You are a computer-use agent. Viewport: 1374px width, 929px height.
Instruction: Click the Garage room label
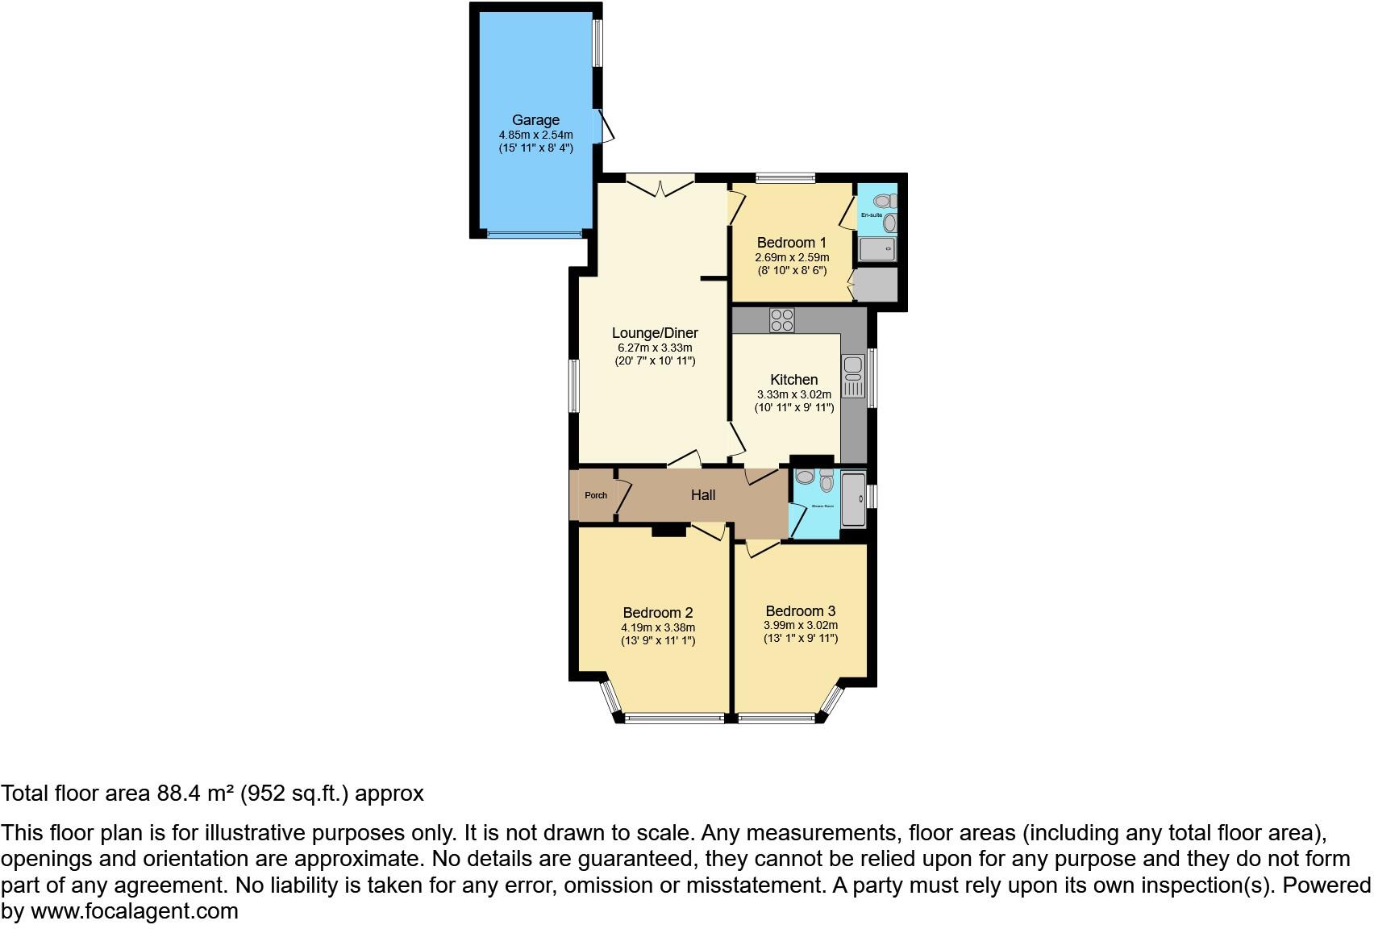coord(535,120)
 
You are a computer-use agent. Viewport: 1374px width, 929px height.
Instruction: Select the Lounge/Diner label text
coord(655,333)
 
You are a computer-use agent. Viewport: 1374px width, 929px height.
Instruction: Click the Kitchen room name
coord(793,380)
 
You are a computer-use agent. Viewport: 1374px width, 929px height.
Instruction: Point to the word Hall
coord(702,495)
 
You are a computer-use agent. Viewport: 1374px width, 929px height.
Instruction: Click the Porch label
coord(596,495)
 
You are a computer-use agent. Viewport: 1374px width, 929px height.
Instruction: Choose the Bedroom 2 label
coord(657,613)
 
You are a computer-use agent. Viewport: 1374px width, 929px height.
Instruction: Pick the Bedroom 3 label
coord(800,611)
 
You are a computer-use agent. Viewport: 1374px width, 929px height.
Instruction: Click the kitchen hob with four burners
coord(781,320)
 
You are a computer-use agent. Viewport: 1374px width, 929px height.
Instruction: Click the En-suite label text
coord(871,215)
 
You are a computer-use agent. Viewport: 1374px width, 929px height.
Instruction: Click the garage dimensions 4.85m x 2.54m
coord(535,135)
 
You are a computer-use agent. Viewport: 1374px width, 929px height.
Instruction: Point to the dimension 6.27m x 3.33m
coord(655,348)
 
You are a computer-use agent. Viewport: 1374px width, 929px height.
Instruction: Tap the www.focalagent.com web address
coord(134,911)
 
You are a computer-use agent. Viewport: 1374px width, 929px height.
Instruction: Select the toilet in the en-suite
coord(885,199)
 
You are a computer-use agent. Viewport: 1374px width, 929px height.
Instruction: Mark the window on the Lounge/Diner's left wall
coord(573,386)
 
